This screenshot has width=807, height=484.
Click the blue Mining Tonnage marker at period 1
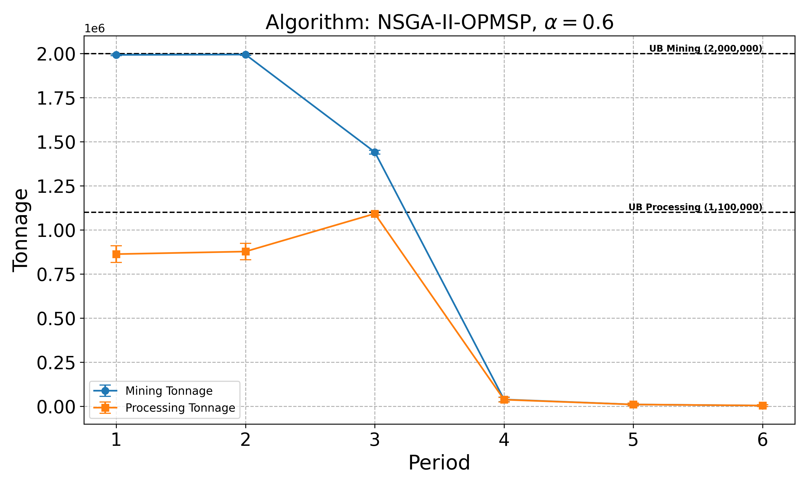[x=116, y=55]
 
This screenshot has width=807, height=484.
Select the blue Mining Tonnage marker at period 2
[x=246, y=55]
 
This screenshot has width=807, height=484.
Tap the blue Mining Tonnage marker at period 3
[x=375, y=152]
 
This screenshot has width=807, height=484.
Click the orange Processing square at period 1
[x=116, y=254]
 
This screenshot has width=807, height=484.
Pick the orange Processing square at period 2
[x=246, y=251]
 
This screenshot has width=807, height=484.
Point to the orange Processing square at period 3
[x=375, y=213]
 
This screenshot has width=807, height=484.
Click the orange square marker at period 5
[x=633, y=404]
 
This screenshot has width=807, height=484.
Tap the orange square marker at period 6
[x=762, y=405]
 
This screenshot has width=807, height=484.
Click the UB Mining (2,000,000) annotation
[x=706, y=49]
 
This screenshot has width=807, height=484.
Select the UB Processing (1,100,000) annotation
[x=695, y=207]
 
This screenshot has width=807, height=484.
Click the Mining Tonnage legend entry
[x=169, y=391]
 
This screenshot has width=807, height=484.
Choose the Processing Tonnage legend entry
[x=180, y=408]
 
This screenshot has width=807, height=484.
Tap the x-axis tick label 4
[x=504, y=440]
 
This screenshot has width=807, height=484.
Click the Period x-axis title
[x=439, y=462]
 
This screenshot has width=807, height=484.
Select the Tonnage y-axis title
[x=20, y=230]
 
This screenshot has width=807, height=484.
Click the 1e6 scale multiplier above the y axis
[x=95, y=29]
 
